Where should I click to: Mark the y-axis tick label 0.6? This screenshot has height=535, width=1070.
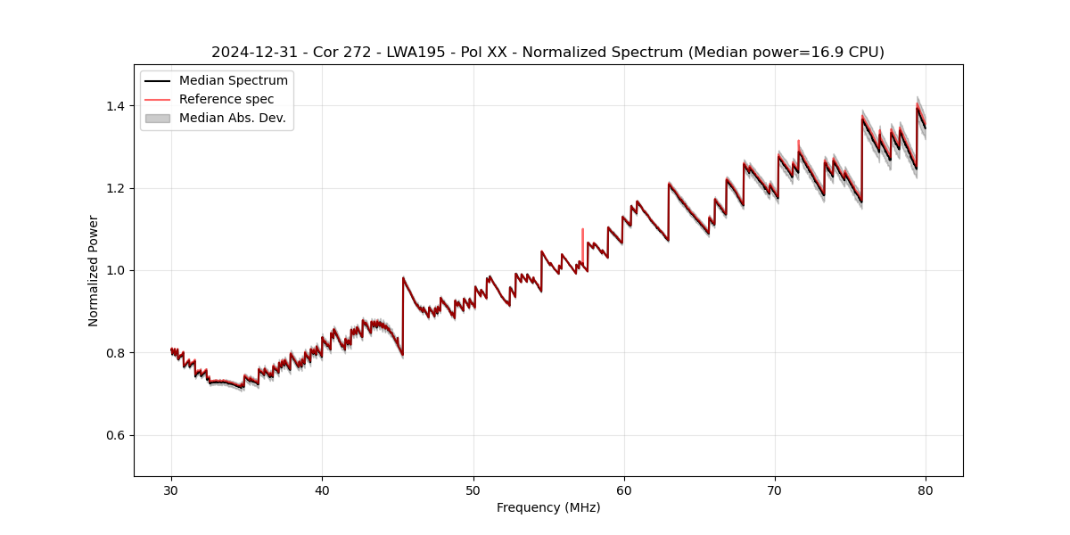click(x=117, y=435)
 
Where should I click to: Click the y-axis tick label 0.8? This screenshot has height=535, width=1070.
click(x=117, y=353)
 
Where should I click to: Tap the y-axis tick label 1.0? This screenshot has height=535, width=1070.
click(x=117, y=270)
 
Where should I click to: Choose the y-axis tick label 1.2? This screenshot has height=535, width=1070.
click(x=117, y=188)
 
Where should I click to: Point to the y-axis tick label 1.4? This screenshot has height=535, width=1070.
click(x=117, y=106)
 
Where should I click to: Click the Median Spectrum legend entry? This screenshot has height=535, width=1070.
click(x=233, y=81)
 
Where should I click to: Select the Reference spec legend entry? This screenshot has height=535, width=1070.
click(x=226, y=99)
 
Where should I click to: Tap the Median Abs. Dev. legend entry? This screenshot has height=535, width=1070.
click(x=232, y=118)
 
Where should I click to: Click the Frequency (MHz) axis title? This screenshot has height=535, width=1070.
click(x=548, y=507)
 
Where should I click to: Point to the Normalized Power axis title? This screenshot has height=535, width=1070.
click(x=93, y=270)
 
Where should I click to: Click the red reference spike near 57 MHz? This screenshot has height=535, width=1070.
click(x=582, y=239)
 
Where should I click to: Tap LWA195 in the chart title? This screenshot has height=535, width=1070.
click(x=417, y=53)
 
